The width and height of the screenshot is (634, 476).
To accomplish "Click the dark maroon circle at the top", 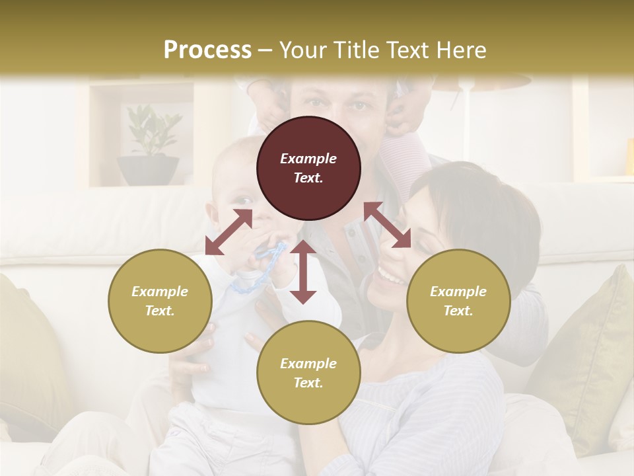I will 308,168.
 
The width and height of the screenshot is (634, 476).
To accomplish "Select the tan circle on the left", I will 160,301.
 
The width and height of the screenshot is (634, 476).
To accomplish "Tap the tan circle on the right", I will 458,301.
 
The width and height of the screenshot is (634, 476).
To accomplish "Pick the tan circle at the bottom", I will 308,372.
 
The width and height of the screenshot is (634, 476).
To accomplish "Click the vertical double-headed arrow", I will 303,272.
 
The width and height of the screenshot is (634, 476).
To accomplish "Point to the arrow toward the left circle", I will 229,232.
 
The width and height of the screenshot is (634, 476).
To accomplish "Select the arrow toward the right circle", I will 388,225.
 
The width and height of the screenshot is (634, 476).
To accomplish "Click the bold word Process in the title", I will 207,50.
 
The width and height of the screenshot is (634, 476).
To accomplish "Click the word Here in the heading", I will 463,50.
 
